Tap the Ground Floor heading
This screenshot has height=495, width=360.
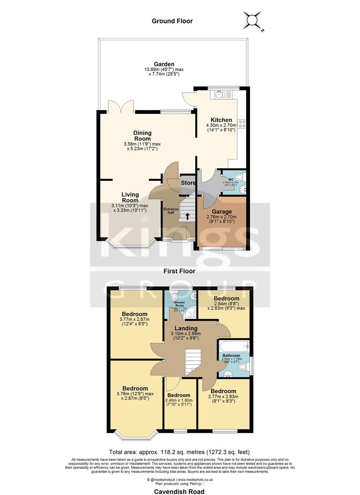[x=173, y=21]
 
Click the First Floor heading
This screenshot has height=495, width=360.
[x=179, y=271]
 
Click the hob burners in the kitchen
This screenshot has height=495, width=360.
[x=242, y=123]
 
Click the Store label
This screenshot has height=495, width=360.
[x=188, y=183]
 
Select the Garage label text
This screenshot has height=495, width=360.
[x=222, y=212]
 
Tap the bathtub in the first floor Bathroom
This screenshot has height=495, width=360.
[x=233, y=346]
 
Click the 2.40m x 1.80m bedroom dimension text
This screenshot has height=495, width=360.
[x=179, y=402]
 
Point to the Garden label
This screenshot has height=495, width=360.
[x=164, y=64]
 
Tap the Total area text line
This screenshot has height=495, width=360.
[x=179, y=451]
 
